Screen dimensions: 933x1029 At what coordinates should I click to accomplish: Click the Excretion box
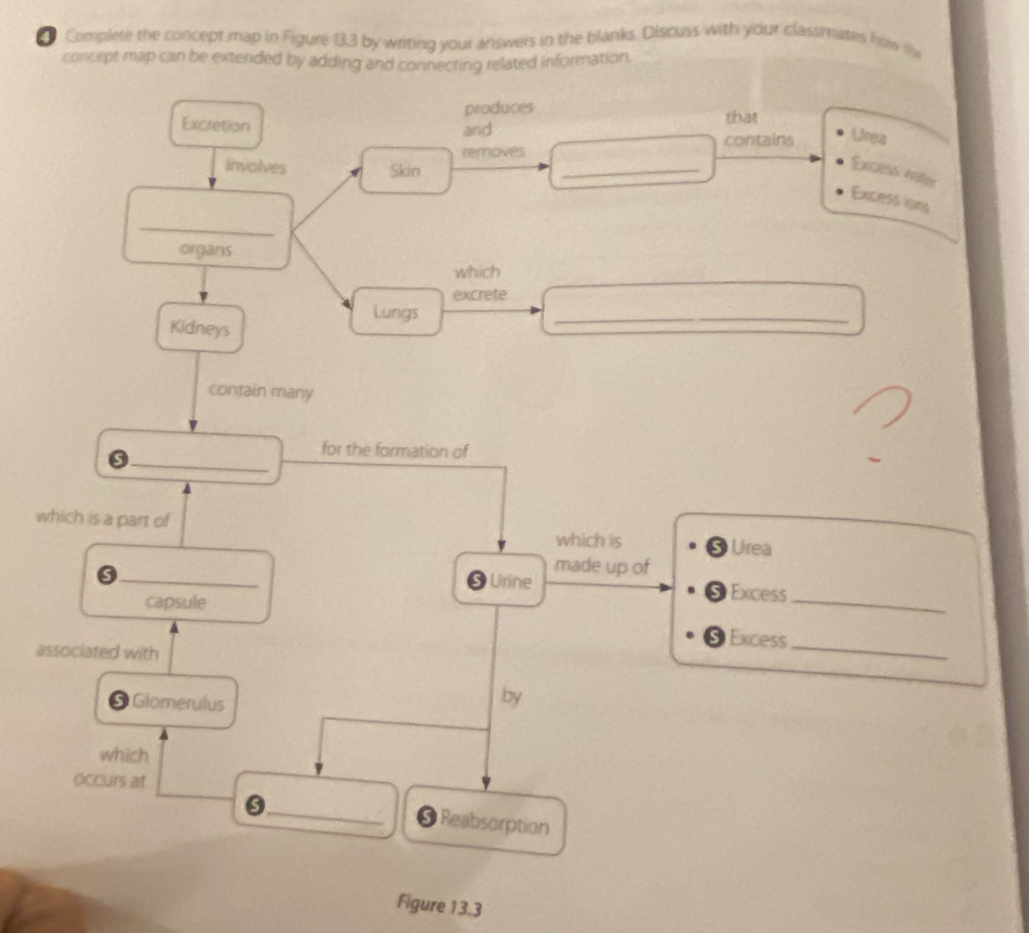click(216, 125)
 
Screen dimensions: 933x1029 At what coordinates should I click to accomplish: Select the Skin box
click(404, 171)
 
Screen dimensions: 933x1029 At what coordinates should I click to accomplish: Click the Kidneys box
click(199, 328)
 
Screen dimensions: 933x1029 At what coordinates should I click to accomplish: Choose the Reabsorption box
click(484, 824)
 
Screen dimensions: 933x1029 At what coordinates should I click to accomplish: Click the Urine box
click(501, 581)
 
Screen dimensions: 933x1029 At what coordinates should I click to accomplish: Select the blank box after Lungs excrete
click(702, 310)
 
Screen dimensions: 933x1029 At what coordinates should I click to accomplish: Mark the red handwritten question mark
click(881, 418)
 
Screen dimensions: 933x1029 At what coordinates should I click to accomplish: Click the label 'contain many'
click(260, 392)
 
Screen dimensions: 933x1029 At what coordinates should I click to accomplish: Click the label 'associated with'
click(96, 652)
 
